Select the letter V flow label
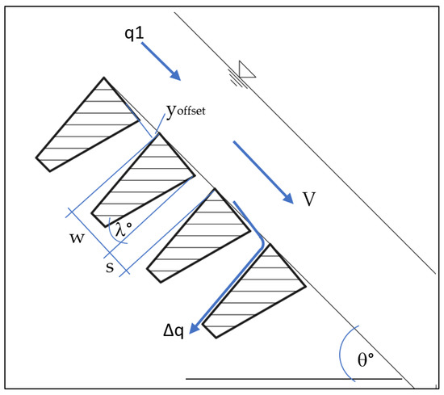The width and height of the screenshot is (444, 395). pos(309,200)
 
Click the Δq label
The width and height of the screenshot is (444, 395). pos(172,331)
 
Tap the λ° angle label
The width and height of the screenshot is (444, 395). pos(123,231)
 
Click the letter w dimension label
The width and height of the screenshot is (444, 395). pos(78,241)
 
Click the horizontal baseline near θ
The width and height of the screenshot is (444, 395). pos(291,377)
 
